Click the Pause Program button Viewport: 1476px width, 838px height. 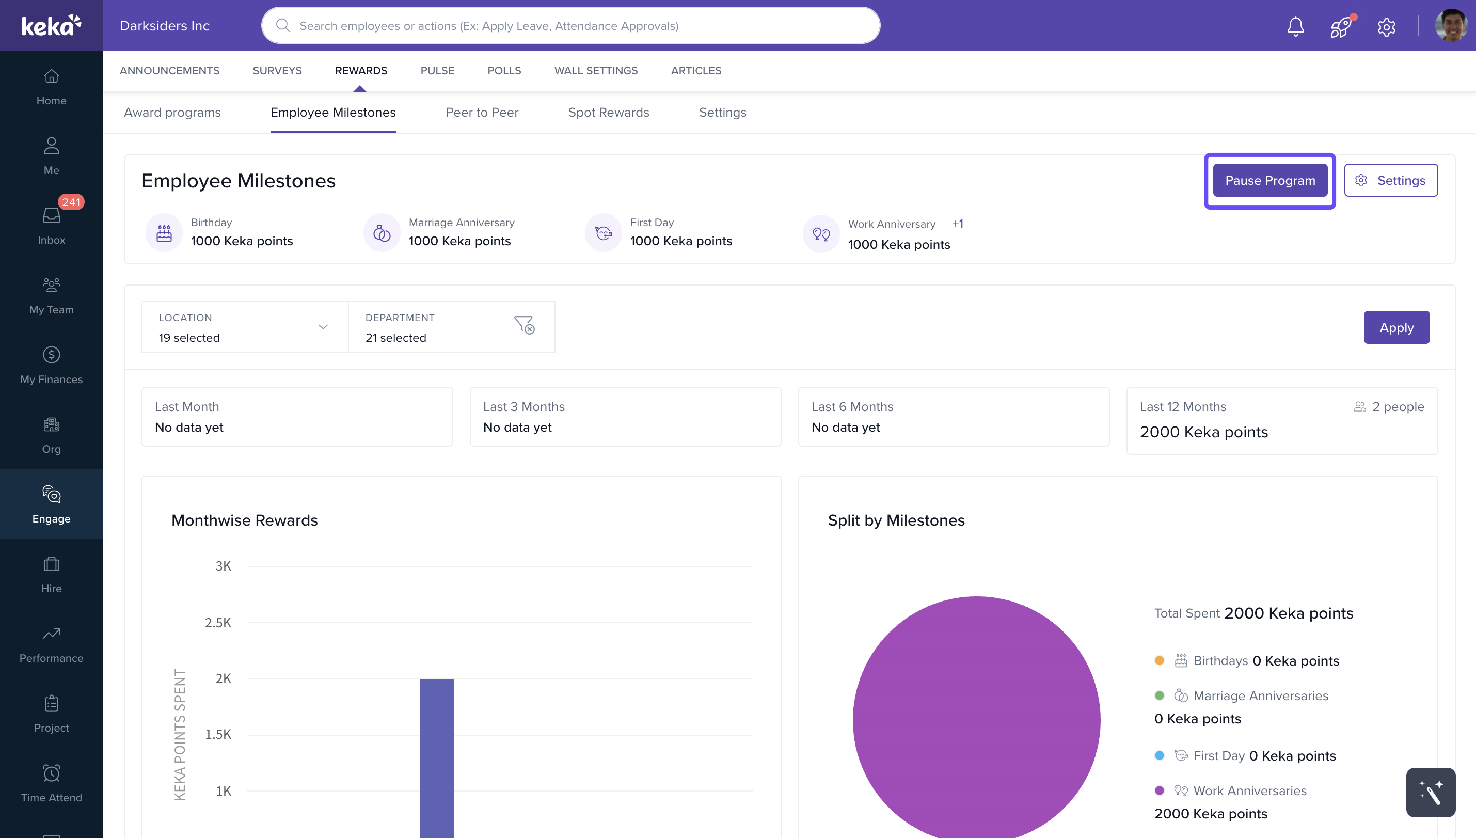[x=1269, y=181]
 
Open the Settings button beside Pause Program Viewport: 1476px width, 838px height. [x=1390, y=181]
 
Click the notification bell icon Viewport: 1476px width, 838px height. [x=1295, y=26]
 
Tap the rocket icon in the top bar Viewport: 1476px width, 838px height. [x=1340, y=26]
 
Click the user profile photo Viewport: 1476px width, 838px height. [x=1450, y=26]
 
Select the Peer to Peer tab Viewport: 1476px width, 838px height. [x=482, y=113]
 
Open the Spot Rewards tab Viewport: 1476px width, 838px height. [x=608, y=113]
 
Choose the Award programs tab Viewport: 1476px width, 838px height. [x=172, y=113]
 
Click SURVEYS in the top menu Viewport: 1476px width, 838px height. [x=277, y=71]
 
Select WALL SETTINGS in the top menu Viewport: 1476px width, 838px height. [x=596, y=71]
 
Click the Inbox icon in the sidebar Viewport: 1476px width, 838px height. [x=51, y=216]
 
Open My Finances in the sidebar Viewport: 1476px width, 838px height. [x=51, y=365]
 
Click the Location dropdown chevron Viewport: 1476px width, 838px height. [x=323, y=327]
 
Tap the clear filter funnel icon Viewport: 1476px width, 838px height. [x=524, y=325]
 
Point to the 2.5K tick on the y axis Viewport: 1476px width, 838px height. [x=218, y=623]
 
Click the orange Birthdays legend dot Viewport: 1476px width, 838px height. [x=1159, y=661]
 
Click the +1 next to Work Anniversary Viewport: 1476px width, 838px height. [x=958, y=224]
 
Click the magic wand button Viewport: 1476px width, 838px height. [x=1430, y=793]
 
